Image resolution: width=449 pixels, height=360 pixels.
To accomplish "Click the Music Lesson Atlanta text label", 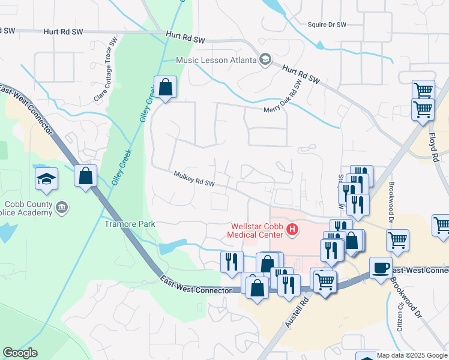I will tap(216, 60).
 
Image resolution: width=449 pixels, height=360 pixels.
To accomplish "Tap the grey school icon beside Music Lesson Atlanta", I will tap(265, 59).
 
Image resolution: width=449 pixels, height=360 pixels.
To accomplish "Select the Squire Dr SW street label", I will tap(327, 25).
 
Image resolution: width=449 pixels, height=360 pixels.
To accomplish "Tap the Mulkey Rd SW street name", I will tap(193, 178).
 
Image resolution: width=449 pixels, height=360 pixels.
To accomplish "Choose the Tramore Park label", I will tap(130, 224).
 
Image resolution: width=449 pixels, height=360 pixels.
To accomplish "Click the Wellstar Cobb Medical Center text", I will tap(257, 230).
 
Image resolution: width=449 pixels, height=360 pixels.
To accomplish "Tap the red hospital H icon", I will tap(292, 229).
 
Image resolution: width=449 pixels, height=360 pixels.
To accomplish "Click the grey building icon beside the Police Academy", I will tap(61, 208).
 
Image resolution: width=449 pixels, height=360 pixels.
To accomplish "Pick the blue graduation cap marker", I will tap(46, 179).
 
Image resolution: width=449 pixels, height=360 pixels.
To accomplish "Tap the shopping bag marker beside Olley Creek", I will tap(165, 88).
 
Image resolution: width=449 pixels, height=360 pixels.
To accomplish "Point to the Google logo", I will tap(20, 353).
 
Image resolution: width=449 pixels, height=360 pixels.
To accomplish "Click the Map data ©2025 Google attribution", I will tap(412, 355).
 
